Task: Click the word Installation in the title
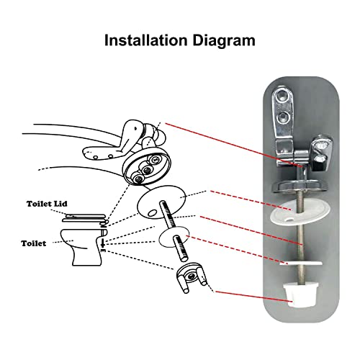145,40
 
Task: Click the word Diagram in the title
224,41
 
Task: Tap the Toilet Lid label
47,204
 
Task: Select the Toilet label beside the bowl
34,243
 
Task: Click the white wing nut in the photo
300,295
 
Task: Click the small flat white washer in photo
301,264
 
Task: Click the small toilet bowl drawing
83,247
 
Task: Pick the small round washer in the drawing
174,239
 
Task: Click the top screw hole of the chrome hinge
282,96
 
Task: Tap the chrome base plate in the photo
300,186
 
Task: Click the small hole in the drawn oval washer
152,213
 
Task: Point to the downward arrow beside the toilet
102,243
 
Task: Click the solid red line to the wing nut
254,297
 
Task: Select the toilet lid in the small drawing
84,218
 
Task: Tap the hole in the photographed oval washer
290,219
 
